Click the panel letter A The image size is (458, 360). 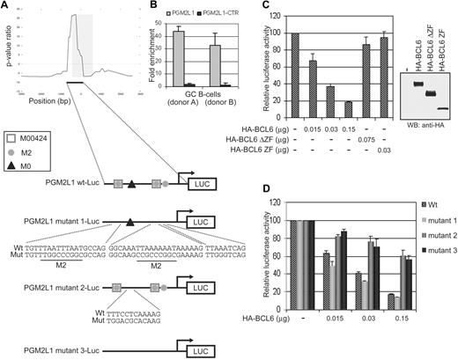pos(6,7)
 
